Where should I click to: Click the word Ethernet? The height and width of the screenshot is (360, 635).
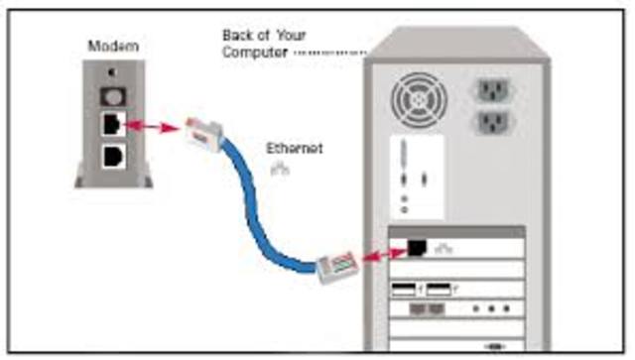coord(295,149)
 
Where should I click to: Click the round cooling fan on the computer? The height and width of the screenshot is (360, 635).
coord(419,98)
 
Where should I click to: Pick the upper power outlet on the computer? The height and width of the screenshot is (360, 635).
coord(494,91)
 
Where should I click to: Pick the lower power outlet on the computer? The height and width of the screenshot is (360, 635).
coord(494,124)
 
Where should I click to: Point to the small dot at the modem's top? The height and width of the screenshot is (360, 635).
coord(112,72)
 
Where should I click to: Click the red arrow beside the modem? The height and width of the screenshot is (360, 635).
coord(151,127)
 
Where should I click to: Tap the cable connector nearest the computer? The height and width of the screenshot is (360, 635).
coord(335,267)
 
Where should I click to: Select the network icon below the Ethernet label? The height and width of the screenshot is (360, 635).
coord(280,169)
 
